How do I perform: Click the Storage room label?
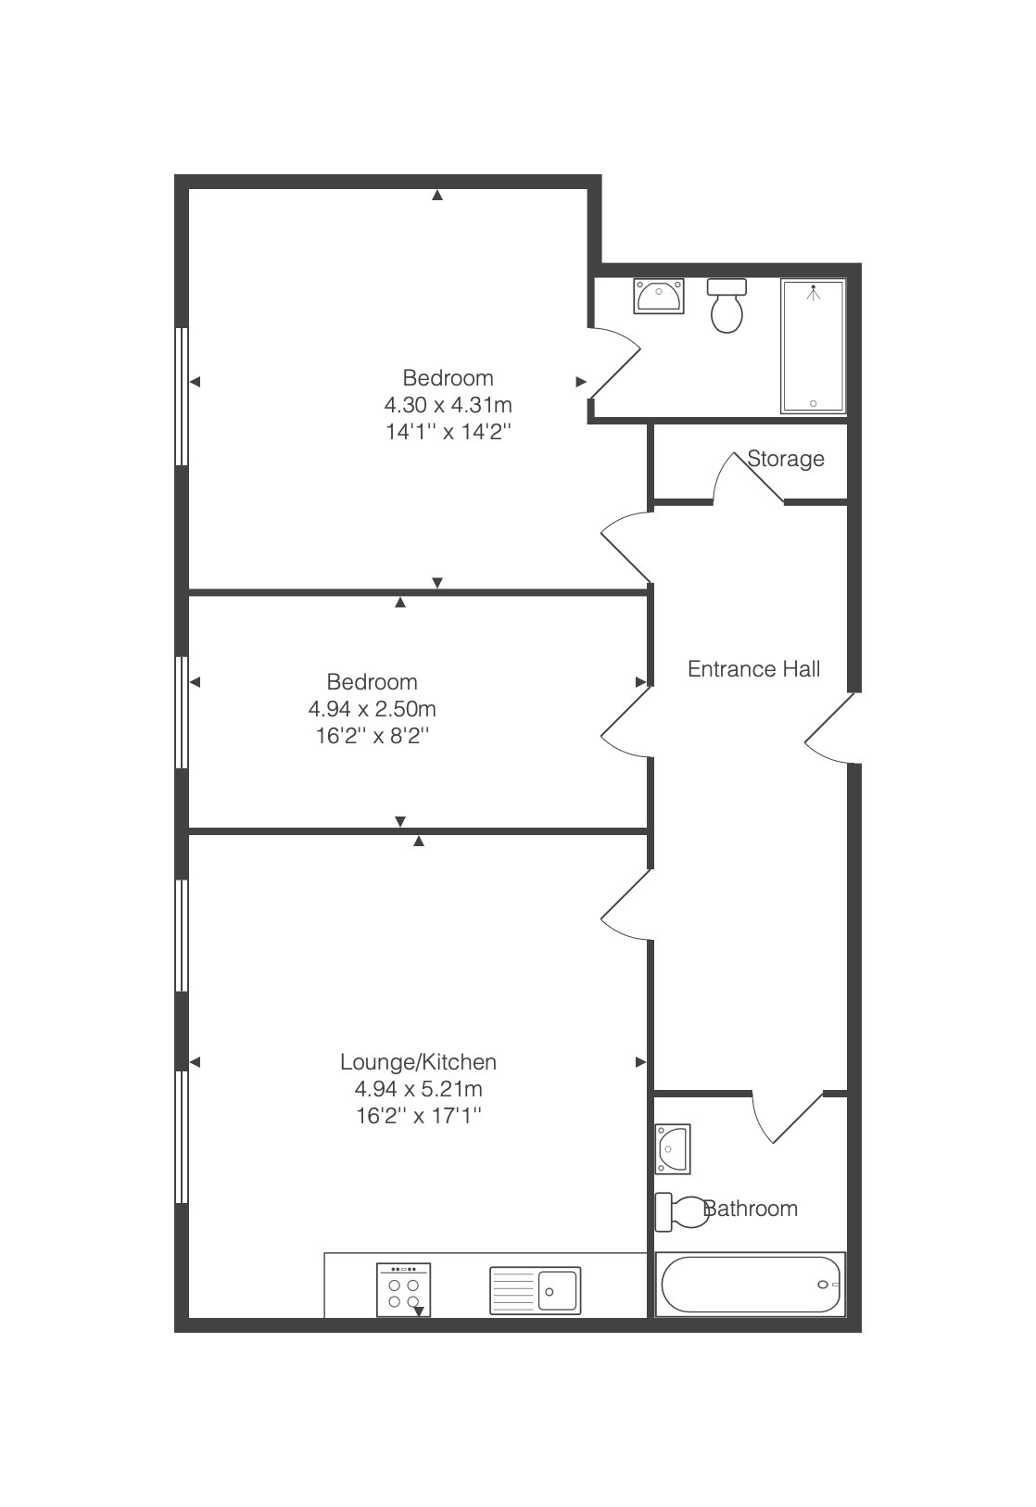click(785, 459)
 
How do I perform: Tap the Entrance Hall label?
click(753, 669)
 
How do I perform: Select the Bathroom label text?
click(750, 1209)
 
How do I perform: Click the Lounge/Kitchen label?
click(418, 1061)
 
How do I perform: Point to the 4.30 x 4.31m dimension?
click(448, 405)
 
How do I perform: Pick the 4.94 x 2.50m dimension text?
click(372, 709)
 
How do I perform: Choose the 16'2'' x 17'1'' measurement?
click(419, 1116)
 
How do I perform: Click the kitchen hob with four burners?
click(404, 1289)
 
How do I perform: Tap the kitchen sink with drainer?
click(535, 1290)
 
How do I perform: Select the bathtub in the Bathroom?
click(750, 1285)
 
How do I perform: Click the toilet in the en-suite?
click(726, 306)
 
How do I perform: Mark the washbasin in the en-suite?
click(659, 296)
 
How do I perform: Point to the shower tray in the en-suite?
click(813, 347)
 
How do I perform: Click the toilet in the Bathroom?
click(681, 1211)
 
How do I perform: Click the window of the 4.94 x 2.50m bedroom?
click(181, 713)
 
